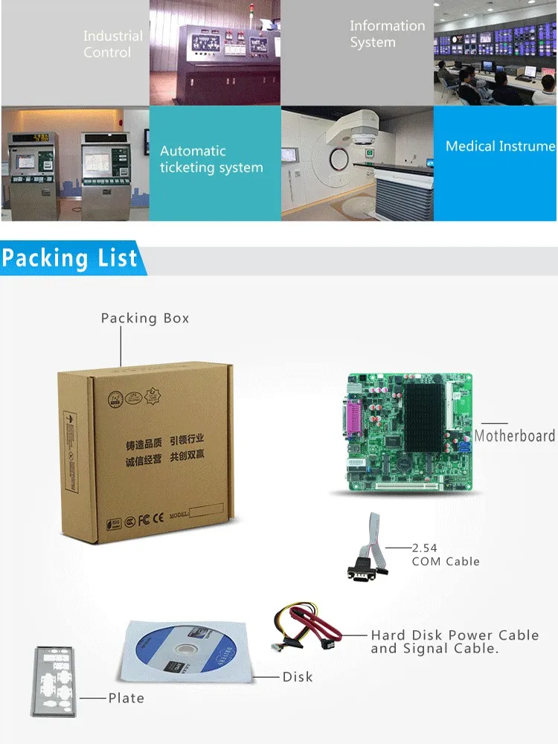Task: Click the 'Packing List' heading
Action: click(x=70, y=258)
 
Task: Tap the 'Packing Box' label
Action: click(x=145, y=318)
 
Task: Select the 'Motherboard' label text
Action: click(x=515, y=436)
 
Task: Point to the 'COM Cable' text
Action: click(x=446, y=562)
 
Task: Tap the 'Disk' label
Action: click(x=298, y=677)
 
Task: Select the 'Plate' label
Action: click(x=126, y=698)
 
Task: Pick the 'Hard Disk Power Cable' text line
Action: click(x=455, y=635)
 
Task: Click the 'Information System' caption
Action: click(x=387, y=34)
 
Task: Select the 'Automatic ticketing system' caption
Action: click(x=211, y=159)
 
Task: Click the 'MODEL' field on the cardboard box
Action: click(x=196, y=513)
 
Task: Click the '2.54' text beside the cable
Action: click(x=425, y=548)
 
